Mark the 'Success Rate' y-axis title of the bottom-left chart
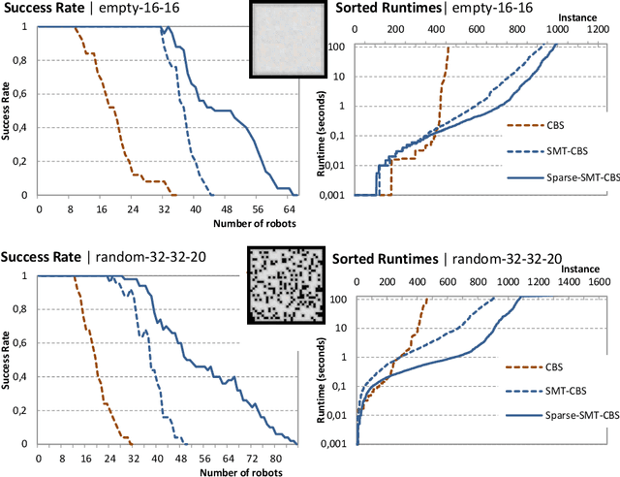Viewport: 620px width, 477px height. click(x=7, y=360)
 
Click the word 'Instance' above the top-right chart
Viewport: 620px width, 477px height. click(x=575, y=18)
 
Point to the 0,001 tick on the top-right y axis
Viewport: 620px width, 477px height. click(x=338, y=195)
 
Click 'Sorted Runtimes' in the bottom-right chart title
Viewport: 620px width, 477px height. click(x=384, y=259)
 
